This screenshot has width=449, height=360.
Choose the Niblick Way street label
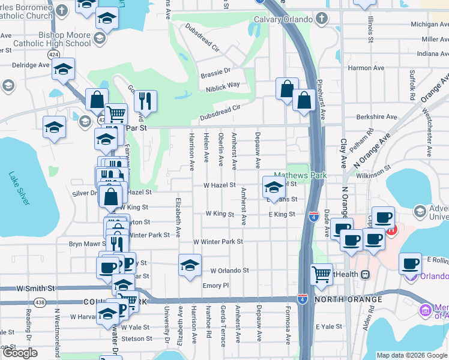tap(224, 85)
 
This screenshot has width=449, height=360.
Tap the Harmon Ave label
tap(366, 68)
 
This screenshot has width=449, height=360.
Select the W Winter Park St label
tap(217, 242)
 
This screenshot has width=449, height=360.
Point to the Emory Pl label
tap(216, 286)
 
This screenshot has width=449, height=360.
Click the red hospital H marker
tap(391, 229)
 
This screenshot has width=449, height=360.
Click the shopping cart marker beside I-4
tap(321, 275)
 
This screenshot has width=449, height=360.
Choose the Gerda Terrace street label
tap(223, 332)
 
